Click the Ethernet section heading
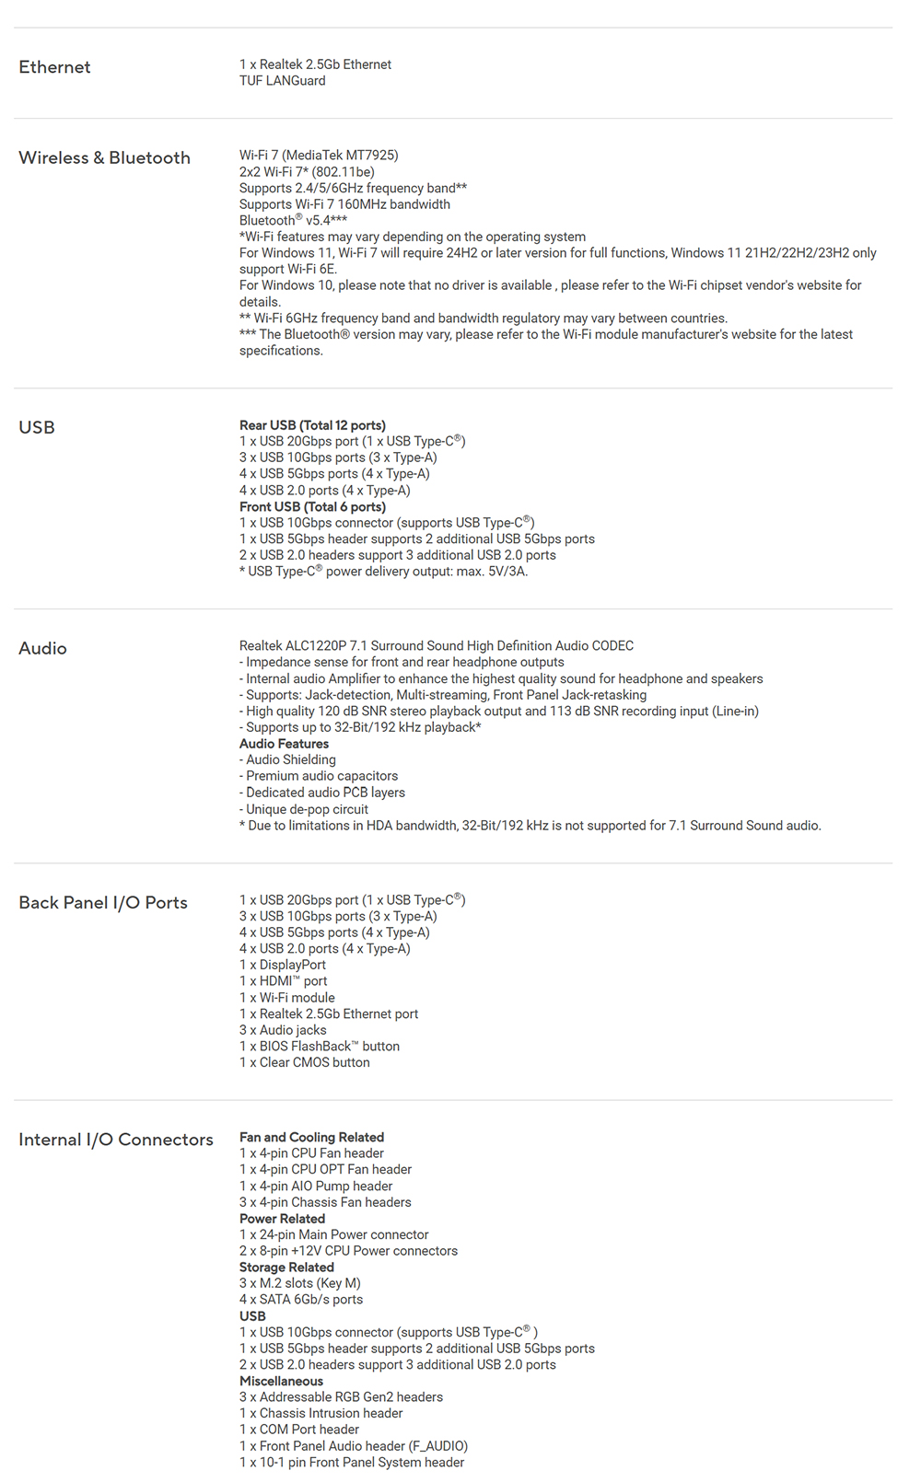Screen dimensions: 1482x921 pos(54,67)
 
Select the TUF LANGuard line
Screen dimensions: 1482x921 pos(282,81)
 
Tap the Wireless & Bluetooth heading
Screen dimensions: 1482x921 pos(104,157)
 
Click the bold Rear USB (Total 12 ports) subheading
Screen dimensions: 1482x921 pos(312,425)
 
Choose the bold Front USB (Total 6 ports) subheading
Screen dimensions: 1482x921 pos(312,506)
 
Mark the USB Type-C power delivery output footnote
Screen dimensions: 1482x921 pos(383,572)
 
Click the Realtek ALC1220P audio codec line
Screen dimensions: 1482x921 pos(436,646)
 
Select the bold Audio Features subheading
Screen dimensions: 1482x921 pos(284,744)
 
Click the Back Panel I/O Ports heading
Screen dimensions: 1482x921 pos(103,903)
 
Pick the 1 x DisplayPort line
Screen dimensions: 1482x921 pos(283,965)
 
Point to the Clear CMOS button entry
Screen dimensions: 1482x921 pos(305,1062)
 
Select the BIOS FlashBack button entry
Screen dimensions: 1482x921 pos(320,1047)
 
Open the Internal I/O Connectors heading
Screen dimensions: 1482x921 pos(116,1140)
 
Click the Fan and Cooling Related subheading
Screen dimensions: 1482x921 pos(311,1138)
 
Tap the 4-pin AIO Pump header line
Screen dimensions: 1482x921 pos(316,1187)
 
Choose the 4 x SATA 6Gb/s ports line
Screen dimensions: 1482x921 pos(301,1300)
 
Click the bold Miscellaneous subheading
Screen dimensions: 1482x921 pos(281,1382)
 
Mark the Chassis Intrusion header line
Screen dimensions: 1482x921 pos(321,1414)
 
